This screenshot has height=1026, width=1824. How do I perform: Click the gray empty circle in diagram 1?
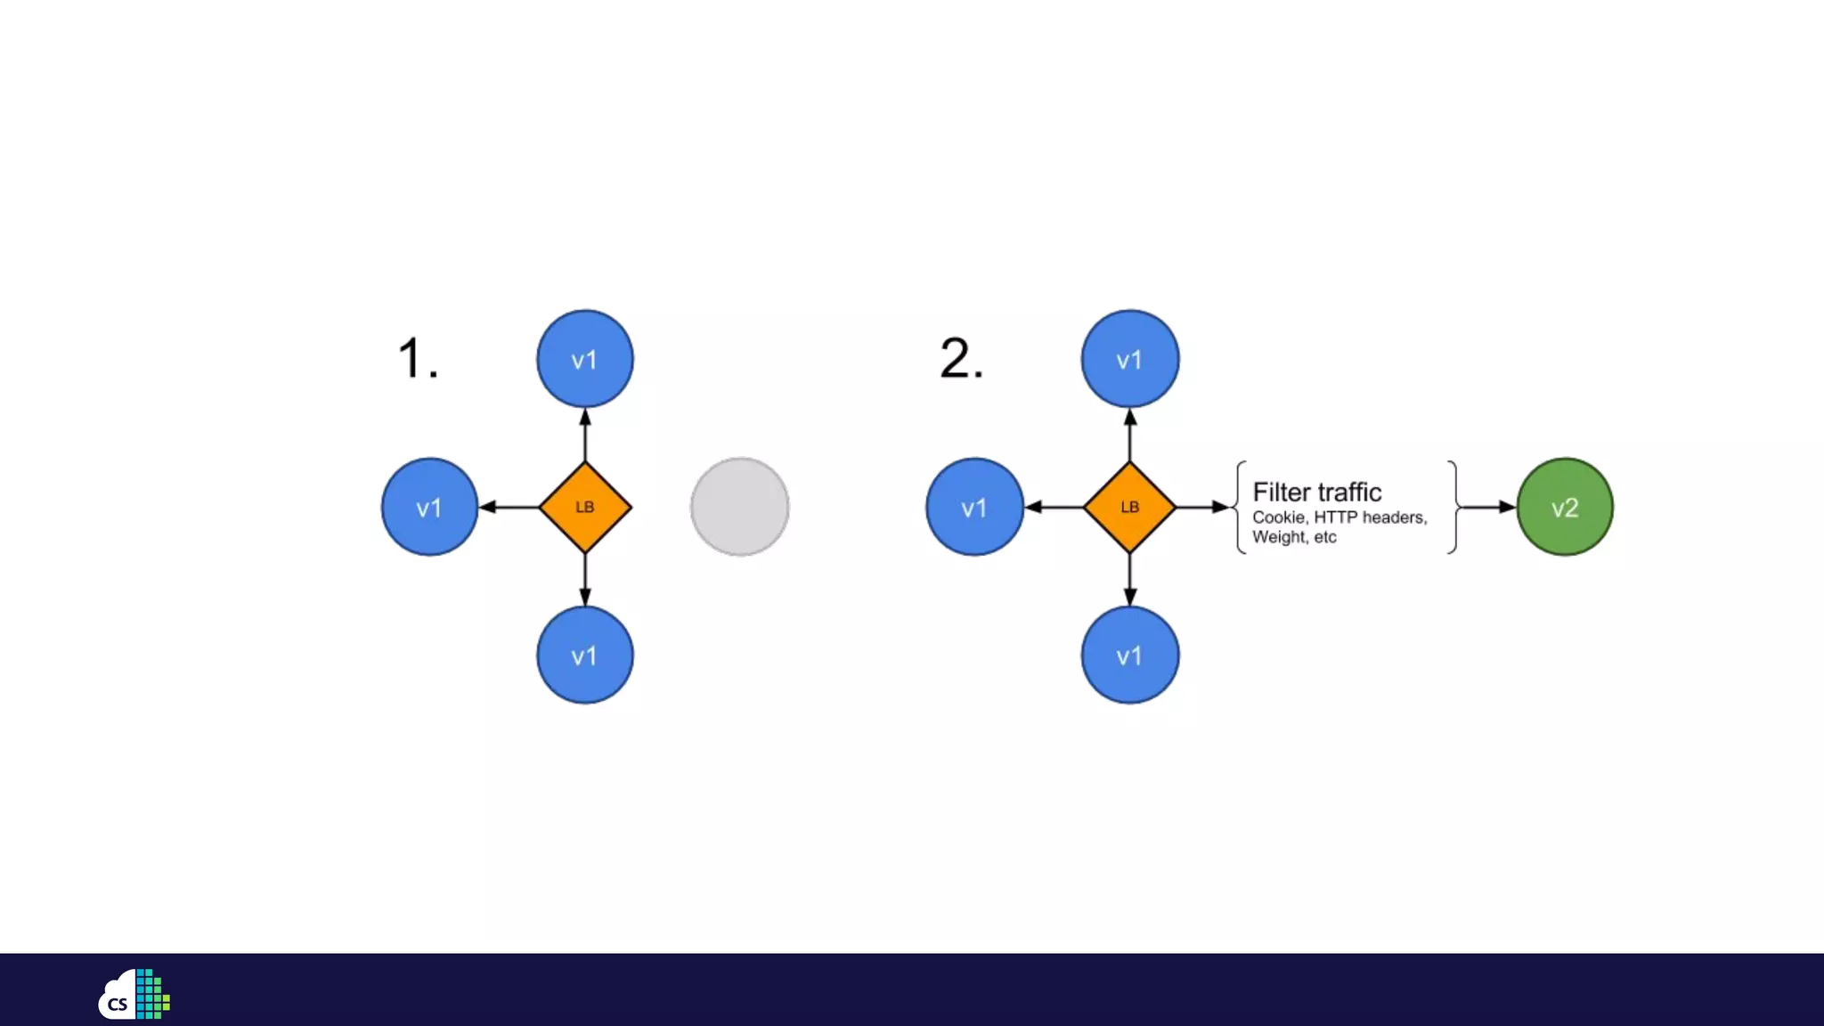tap(739, 507)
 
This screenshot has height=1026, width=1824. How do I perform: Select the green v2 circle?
tap(1564, 507)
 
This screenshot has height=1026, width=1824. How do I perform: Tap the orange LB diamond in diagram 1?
tap(585, 507)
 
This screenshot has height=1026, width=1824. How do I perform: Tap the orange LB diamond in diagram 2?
tap(1129, 507)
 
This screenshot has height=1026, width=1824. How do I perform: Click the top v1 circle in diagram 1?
tap(584, 359)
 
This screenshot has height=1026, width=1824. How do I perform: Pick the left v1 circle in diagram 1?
tap(429, 507)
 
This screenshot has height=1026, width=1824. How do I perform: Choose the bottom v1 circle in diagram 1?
tap(584, 655)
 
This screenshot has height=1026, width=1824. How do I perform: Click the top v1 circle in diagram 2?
tap(1129, 359)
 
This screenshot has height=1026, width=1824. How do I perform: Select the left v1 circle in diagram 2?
tap(974, 507)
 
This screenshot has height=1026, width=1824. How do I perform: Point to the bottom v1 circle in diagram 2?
tap(1129, 655)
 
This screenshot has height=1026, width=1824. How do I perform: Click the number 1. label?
tap(417, 359)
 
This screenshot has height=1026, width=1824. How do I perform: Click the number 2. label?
tap(961, 359)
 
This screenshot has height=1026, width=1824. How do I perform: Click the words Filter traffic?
tap(1316, 492)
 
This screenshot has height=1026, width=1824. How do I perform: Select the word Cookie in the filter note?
tap(1279, 517)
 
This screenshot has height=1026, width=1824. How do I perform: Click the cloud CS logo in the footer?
tap(134, 994)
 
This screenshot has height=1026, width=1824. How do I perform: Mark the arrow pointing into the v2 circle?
tap(1488, 507)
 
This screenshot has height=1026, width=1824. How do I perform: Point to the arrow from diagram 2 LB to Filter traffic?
tap(1202, 507)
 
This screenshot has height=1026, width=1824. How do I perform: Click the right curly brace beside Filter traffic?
tap(1453, 507)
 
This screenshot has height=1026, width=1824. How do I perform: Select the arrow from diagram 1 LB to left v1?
tap(509, 507)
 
